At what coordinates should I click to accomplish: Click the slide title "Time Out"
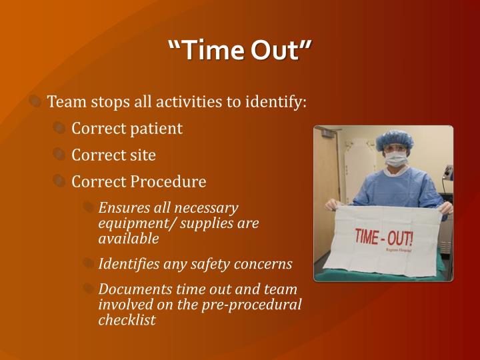240,51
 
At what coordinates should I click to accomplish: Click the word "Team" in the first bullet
64,102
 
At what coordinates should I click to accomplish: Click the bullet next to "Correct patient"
59,129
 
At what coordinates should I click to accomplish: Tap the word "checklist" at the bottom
127,319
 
